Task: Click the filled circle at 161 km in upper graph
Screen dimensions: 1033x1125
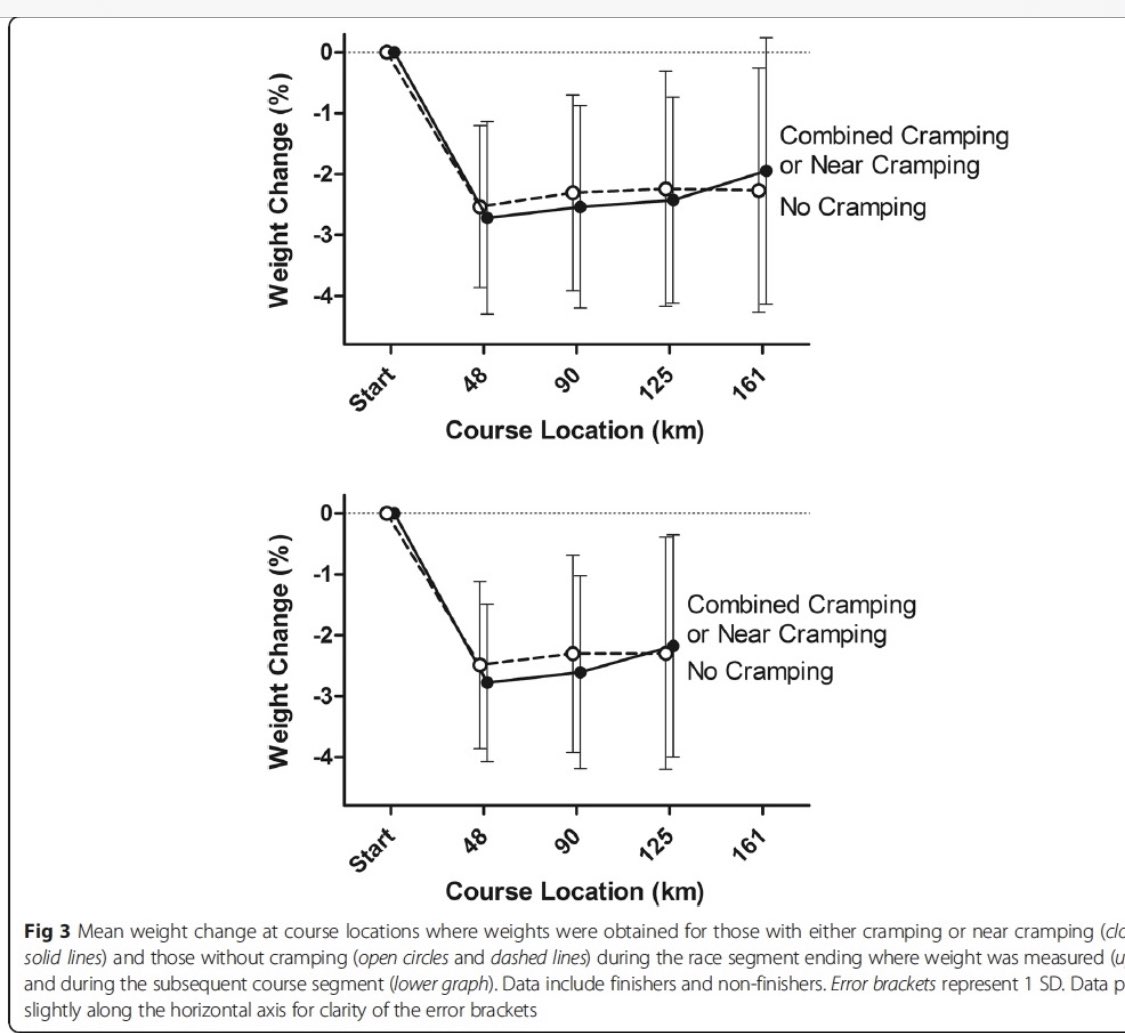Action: [x=767, y=171]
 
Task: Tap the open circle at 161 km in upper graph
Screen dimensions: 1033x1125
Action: [x=759, y=190]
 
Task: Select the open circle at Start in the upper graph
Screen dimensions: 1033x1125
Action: [x=385, y=52]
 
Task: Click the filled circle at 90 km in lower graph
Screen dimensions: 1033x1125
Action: [x=580, y=671]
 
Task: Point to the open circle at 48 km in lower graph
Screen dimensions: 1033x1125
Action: [x=480, y=665]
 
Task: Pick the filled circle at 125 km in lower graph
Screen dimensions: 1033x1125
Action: [x=673, y=645]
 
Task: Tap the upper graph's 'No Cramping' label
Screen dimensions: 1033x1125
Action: [x=853, y=208]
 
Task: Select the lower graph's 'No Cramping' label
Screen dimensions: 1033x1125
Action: [x=760, y=670]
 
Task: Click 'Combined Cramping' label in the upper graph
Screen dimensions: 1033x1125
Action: [x=894, y=136]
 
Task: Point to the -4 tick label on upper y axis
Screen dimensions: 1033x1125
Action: [x=326, y=296]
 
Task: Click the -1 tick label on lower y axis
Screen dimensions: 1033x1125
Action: [x=326, y=574]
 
